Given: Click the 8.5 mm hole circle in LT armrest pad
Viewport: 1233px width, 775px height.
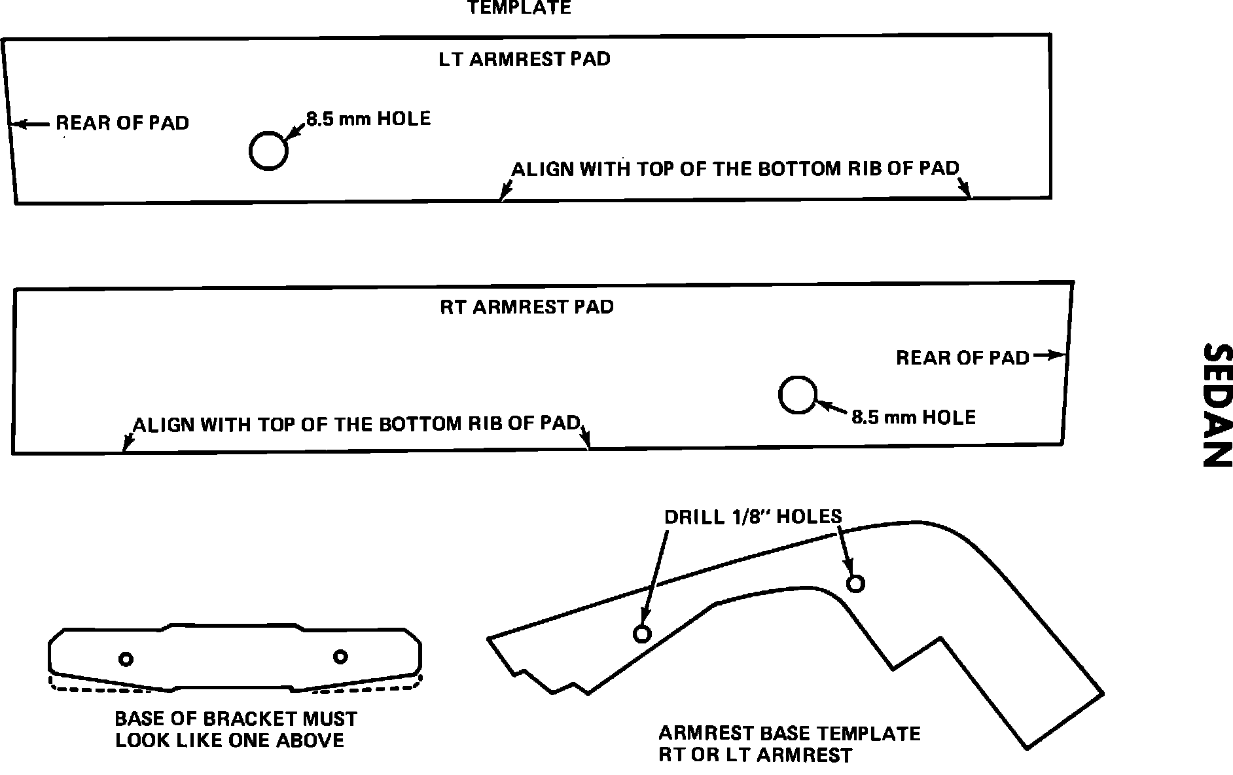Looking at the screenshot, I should coord(268,151).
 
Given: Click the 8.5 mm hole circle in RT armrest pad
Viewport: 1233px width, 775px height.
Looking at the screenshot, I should coord(798,395).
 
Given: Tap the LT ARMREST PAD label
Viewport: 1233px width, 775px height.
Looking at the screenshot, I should coord(524,59).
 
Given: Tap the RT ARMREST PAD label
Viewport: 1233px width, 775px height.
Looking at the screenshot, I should coord(527,307).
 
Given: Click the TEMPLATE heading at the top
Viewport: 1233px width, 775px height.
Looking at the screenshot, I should coord(519,8).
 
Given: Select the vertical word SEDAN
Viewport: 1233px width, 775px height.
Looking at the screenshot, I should coord(1217,406).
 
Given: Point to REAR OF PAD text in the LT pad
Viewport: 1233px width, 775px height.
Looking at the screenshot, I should coord(122,123).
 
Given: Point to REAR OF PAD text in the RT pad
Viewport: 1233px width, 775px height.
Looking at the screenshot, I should coord(962,358).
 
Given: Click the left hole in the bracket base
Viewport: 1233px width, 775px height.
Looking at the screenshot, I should coord(126,658).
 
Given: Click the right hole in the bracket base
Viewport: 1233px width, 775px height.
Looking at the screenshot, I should coord(340,657).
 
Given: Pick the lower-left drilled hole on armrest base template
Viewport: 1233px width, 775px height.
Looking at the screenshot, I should coord(642,634).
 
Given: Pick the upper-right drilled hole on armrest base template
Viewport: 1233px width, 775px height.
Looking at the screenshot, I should coord(855,583).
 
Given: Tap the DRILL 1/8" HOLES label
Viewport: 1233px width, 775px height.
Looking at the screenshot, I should coord(753,516).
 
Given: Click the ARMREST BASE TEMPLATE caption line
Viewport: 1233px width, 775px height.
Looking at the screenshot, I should coord(789,733).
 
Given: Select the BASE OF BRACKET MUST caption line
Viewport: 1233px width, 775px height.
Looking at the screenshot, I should coord(236,719).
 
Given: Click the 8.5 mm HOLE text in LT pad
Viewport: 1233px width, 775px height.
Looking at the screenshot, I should coord(368,118).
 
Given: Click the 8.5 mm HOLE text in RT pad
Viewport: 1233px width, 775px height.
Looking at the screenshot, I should coord(913,418).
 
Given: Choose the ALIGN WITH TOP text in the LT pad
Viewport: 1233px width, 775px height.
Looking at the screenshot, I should coord(734,169).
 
